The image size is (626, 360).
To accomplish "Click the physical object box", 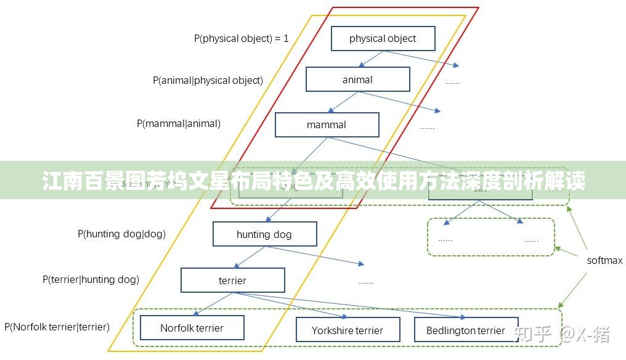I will coord(383,38).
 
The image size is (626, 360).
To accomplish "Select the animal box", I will coord(357,80).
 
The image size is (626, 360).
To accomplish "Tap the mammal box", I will coord(327,125).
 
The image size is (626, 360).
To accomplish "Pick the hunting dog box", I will coord(264,234).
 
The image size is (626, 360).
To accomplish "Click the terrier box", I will coord(232,280).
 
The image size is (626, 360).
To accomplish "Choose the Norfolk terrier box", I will coord(192,328).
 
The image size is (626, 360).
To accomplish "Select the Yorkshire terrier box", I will coord(348,330).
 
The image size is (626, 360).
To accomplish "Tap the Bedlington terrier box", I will coord(466,330).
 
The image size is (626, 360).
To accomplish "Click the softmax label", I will coord(604,260).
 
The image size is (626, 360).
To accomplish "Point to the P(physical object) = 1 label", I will coord(242,38).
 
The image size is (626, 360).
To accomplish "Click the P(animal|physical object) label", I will coord(208,80).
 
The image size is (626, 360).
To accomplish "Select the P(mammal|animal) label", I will coord(178,123).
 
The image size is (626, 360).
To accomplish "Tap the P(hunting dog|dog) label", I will coord(121,234).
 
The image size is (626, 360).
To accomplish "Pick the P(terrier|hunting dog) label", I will coord(91,279).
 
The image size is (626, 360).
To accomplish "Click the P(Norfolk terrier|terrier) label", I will coord(57,327).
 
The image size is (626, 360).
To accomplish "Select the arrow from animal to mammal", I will coord(343,102).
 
